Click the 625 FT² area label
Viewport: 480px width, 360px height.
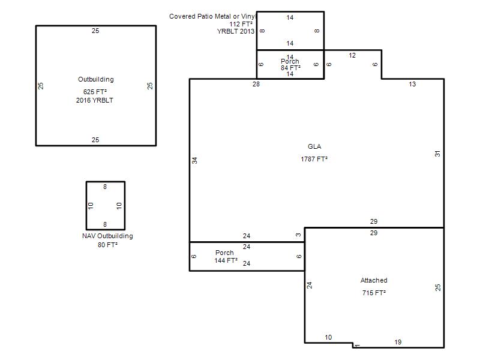tap(95, 92)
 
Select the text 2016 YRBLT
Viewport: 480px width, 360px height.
tap(95, 100)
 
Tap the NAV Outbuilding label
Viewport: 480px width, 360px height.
tap(107, 236)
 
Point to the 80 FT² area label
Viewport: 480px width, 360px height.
tap(108, 245)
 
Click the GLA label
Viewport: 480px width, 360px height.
tap(314, 146)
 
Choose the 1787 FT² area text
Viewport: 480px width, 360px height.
tap(314, 159)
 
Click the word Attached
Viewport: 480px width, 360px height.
tap(374, 280)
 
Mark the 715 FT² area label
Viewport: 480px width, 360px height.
tap(374, 293)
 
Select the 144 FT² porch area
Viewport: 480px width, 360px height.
tap(226, 260)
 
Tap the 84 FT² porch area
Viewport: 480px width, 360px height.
tap(290, 68)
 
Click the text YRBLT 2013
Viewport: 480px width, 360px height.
tap(236, 31)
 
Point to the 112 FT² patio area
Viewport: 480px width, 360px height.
tap(241, 24)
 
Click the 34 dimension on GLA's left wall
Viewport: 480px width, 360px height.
tap(194, 160)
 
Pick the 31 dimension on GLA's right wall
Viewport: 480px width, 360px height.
tap(437, 154)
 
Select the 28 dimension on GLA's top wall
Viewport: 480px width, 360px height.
tap(256, 84)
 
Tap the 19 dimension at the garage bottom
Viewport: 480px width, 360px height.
tap(398, 342)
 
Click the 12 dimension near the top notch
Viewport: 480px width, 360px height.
tap(352, 55)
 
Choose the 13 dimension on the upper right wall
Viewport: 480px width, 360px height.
tap(412, 84)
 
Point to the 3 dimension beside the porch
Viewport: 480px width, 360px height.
tap(298, 235)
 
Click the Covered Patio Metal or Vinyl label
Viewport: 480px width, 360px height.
tap(212, 16)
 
